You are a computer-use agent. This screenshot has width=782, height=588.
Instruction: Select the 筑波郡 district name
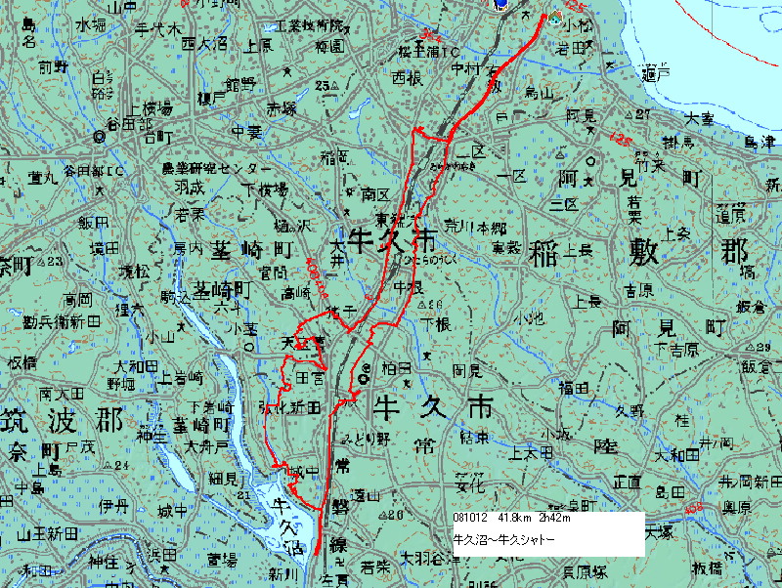61,421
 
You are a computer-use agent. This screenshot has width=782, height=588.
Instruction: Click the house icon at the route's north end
555,17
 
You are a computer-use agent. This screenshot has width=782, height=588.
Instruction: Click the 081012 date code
472,519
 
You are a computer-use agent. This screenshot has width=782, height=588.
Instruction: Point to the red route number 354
425,37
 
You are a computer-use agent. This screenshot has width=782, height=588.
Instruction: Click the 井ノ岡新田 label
751,481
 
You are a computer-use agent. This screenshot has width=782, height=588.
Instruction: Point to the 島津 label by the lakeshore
760,142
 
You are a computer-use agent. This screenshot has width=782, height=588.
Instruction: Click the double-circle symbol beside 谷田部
99,138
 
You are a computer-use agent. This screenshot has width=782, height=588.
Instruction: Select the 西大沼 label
202,44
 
